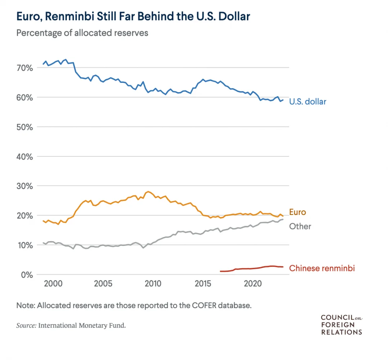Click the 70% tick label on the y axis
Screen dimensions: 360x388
[24, 68]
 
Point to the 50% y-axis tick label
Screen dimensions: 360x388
[24, 127]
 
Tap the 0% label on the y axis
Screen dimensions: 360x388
[27, 275]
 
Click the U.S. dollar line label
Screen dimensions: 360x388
[308, 102]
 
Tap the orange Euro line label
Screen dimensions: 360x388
[297, 212]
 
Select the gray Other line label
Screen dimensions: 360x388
[300, 226]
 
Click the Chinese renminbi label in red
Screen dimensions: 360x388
[322, 268]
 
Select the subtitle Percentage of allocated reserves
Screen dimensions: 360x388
[82, 33]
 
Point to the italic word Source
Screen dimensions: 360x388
[26, 325]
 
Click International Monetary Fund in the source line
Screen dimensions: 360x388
[82, 325]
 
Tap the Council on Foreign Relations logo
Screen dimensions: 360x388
[342, 324]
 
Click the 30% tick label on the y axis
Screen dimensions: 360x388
[24, 186]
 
